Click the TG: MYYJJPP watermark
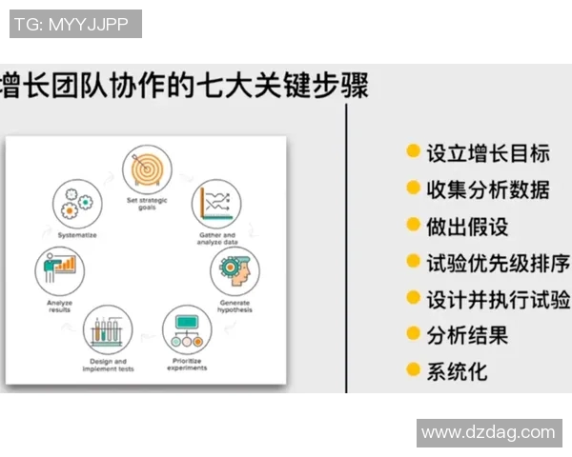pyautogui.click(x=75, y=24)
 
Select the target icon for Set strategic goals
pyautogui.click(x=146, y=169)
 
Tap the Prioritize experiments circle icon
pyautogui.click(x=187, y=329)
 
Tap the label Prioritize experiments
pyautogui.click(x=187, y=365)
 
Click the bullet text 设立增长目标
pyautogui.click(x=487, y=152)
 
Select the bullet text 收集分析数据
pyautogui.click(x=487, y=189)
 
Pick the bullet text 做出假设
pyautogui.click(x=466, y=226)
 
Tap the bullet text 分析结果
pyautogui.click(x=466, y=334)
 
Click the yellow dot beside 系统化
pyautogui.click(x=413, y=369)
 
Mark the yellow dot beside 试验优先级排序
pyautogui.click(x=413, y=261)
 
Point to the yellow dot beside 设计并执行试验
pyautogui.click(x=413, y=297)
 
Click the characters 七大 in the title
pyautogui.click(x=220, y=87)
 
